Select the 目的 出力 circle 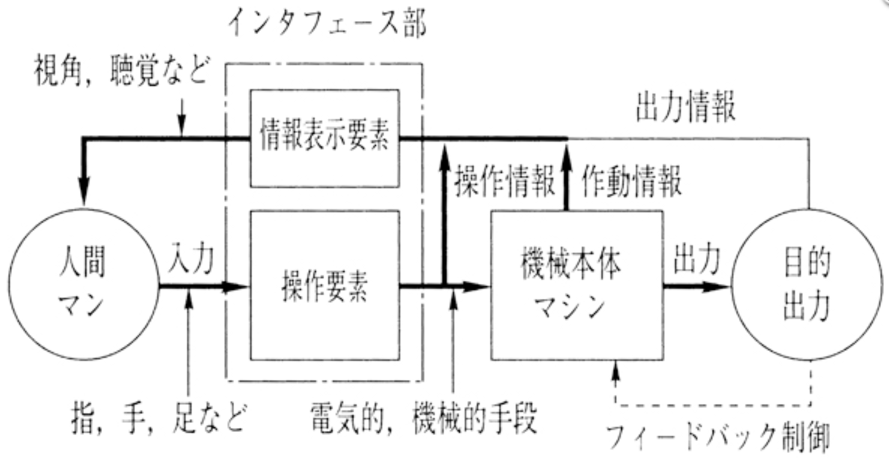[806, 284]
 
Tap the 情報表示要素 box [325, 138]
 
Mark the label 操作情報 [504, 181]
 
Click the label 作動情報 [631, 181]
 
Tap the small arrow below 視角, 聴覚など [181, 129]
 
